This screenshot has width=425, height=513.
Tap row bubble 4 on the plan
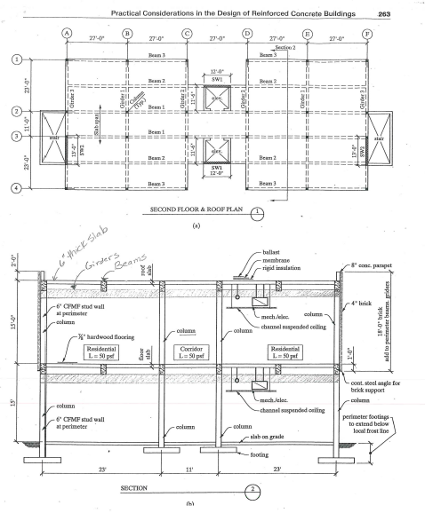[16, 186]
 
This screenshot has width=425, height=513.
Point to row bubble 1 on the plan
[16, 60]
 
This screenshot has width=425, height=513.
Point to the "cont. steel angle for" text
[376, 382]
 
